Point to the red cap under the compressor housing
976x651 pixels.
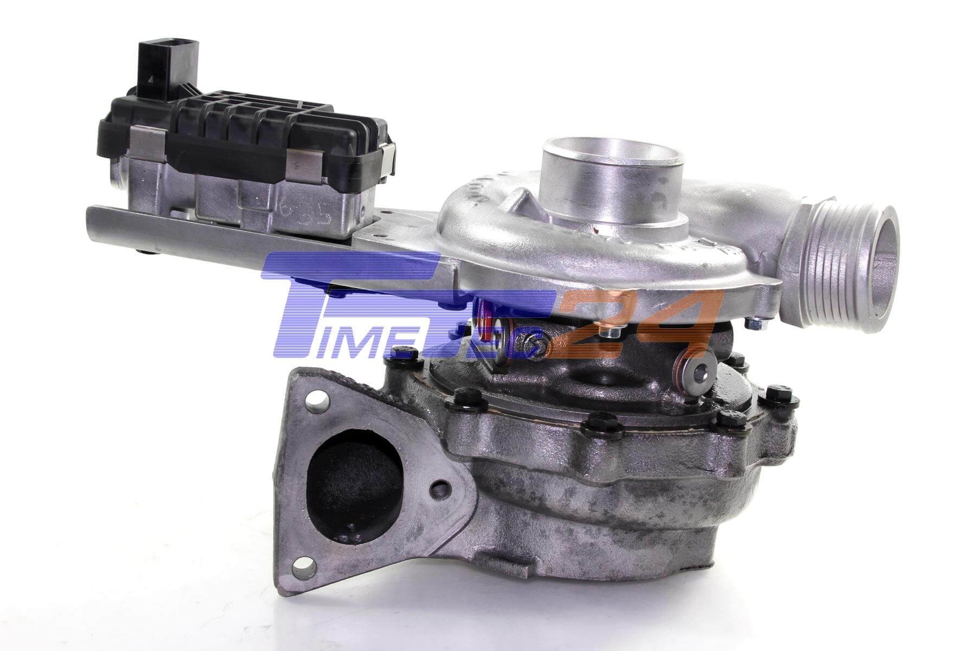click(488, 329)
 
